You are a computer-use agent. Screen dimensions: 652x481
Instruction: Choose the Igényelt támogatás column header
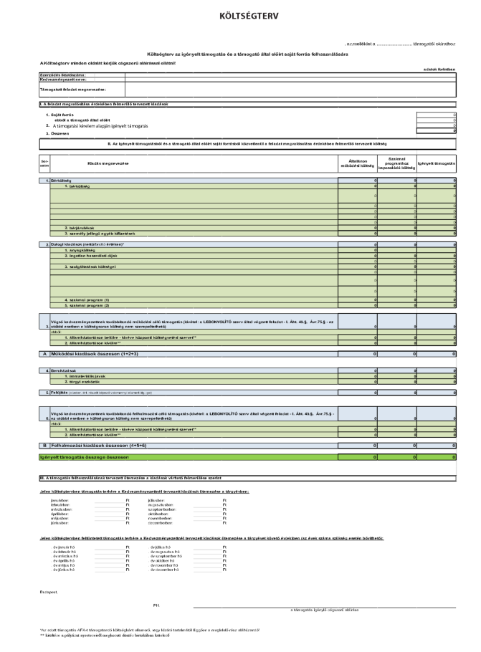coord(439,164)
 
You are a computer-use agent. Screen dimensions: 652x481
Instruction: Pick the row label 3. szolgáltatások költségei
coord(90,267)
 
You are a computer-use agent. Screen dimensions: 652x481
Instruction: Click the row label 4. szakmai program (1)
coord(86,299)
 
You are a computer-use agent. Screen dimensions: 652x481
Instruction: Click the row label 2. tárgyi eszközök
coord(82,380)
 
